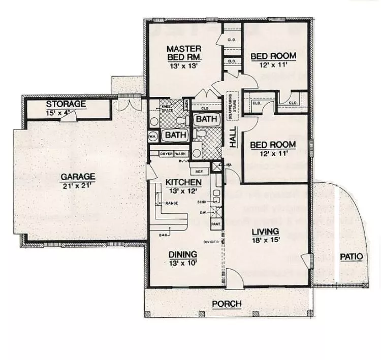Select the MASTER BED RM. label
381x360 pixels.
point(185,53)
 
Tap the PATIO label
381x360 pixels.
point(351,256)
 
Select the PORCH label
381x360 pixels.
point(227,304)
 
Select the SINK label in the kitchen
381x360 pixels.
point(202,202)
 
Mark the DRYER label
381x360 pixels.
point(166,153)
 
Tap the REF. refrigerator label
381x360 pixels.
point(199,171)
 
